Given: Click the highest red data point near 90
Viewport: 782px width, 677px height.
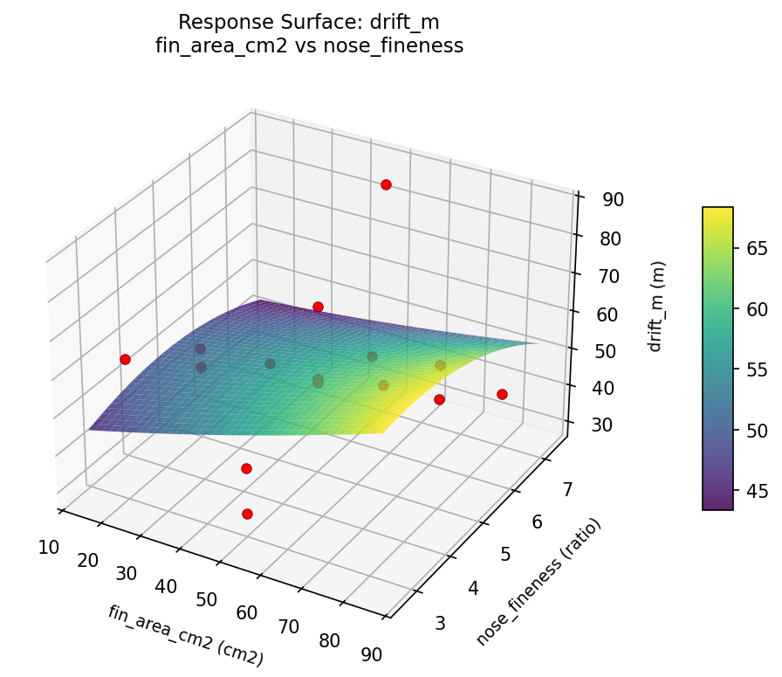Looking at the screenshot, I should point(386,184).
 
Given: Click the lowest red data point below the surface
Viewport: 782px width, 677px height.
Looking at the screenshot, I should point(247,514).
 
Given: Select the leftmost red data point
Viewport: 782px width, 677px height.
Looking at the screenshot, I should point(125,359).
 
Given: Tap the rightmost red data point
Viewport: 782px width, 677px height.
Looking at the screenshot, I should point(502,394).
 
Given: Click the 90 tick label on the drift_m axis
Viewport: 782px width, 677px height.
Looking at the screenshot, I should point(613,200).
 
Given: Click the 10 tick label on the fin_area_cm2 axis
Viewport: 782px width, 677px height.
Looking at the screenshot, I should point(49,547).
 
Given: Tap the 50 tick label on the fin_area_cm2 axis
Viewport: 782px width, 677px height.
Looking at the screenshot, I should point(206,599).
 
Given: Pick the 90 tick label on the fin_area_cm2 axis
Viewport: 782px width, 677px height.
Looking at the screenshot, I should point(370,653).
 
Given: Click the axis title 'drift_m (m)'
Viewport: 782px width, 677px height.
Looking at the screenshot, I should point(657,306).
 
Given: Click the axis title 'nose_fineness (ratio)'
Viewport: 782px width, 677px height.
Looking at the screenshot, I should point(538,582).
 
